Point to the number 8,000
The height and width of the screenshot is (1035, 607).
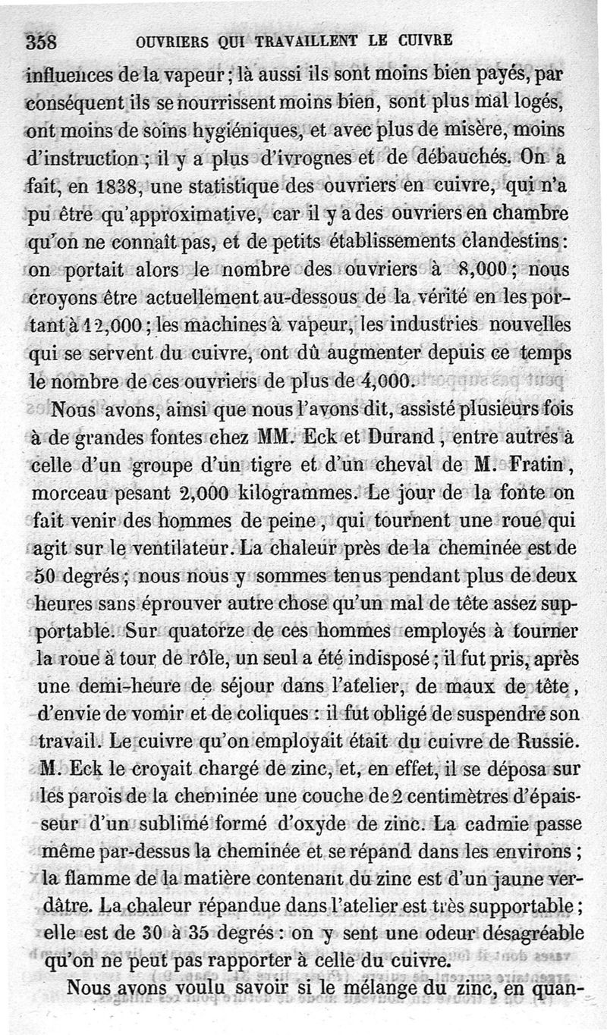476,269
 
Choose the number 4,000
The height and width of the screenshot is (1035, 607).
383,381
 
